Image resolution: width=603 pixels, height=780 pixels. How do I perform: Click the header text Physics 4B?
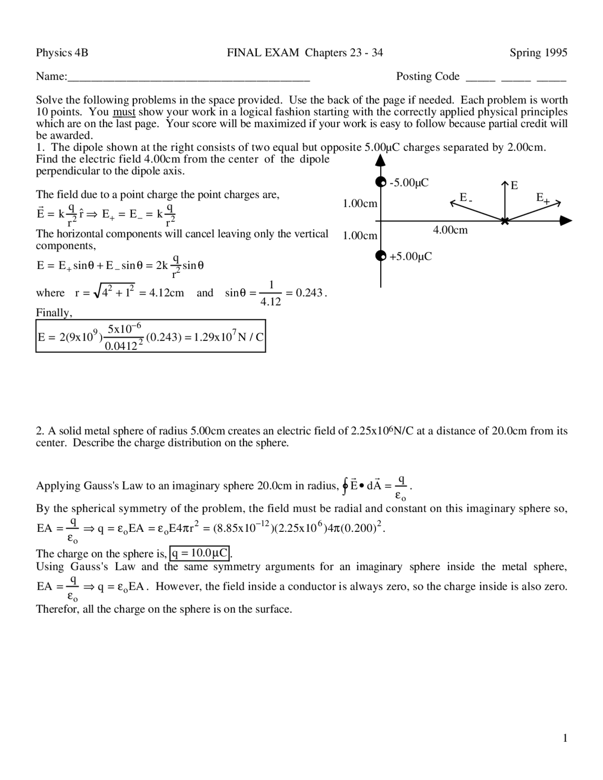[62, 53]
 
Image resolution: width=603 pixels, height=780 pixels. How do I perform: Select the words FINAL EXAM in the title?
[263, 53]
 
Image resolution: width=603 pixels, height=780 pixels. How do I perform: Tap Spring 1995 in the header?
[538, 53]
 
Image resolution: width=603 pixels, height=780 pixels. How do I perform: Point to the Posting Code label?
[427, 76]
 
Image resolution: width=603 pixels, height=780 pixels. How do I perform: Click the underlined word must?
[124, 112]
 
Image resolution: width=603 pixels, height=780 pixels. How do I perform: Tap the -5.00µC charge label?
[408, 183]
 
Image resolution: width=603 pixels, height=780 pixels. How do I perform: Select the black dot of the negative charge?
[380, 182]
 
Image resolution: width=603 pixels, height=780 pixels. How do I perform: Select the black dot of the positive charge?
[380, 256]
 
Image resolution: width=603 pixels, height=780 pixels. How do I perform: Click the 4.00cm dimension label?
[450, 230]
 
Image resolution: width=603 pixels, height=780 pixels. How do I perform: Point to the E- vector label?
[465, 198]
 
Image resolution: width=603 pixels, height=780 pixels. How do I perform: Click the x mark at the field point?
[505, 221]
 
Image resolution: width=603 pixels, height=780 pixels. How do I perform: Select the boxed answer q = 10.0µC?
[199, 552]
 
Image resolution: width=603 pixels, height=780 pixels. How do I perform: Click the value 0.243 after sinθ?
[309, 293]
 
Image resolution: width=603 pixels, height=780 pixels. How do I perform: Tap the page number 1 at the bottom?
[565, 738]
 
